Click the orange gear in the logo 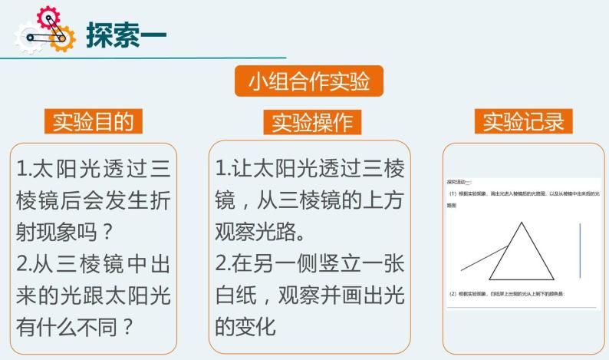62,37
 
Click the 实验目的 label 93,121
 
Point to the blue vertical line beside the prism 580,251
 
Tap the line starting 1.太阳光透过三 94,168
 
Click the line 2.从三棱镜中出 94,263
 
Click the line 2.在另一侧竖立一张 309,263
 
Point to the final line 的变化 245,325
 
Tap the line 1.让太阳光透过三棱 309,168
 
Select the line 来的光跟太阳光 94,294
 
